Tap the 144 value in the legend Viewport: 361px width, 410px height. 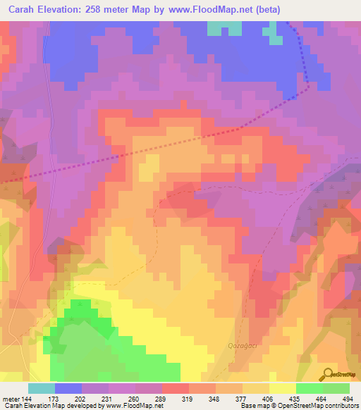click(x=26, y=399)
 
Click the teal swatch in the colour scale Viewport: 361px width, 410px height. click(x=42, y=388)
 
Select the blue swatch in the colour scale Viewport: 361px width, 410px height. click(x=68, y=388)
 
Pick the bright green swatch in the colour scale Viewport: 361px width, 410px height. click(x=310, y=388)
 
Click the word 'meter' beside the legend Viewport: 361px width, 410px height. click(x=11, y=399)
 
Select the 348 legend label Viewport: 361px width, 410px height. click(x=218, y=399)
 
